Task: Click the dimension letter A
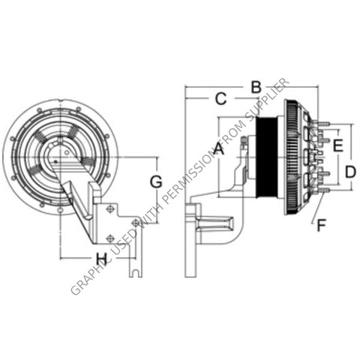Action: (x=218, y=148)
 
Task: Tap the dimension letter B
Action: (x=256, y=88)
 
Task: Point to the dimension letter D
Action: (x=350, y=171)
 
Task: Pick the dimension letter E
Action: (x=338, y=145)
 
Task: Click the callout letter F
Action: (x=321, y=223)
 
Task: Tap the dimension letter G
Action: (x=156, y=181)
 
